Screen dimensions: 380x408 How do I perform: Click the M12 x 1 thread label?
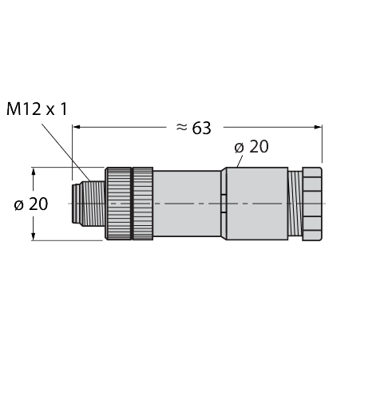pos(37,109)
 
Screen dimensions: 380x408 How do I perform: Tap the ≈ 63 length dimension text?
pos(194,128)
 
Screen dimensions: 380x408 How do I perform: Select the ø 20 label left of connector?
pos(31,204)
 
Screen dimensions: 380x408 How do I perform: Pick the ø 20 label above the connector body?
pos(251,147)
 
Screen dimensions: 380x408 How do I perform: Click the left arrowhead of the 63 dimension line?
pos(77,127)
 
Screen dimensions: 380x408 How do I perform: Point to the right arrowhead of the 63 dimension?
pos(318,127)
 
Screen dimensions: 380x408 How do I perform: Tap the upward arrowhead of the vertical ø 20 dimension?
pos(34,172)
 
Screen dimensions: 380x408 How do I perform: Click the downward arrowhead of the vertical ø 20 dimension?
pos(34,236)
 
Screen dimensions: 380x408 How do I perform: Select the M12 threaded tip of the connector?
pos(89,204)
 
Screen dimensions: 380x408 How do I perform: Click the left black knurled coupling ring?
pos(119,204)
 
